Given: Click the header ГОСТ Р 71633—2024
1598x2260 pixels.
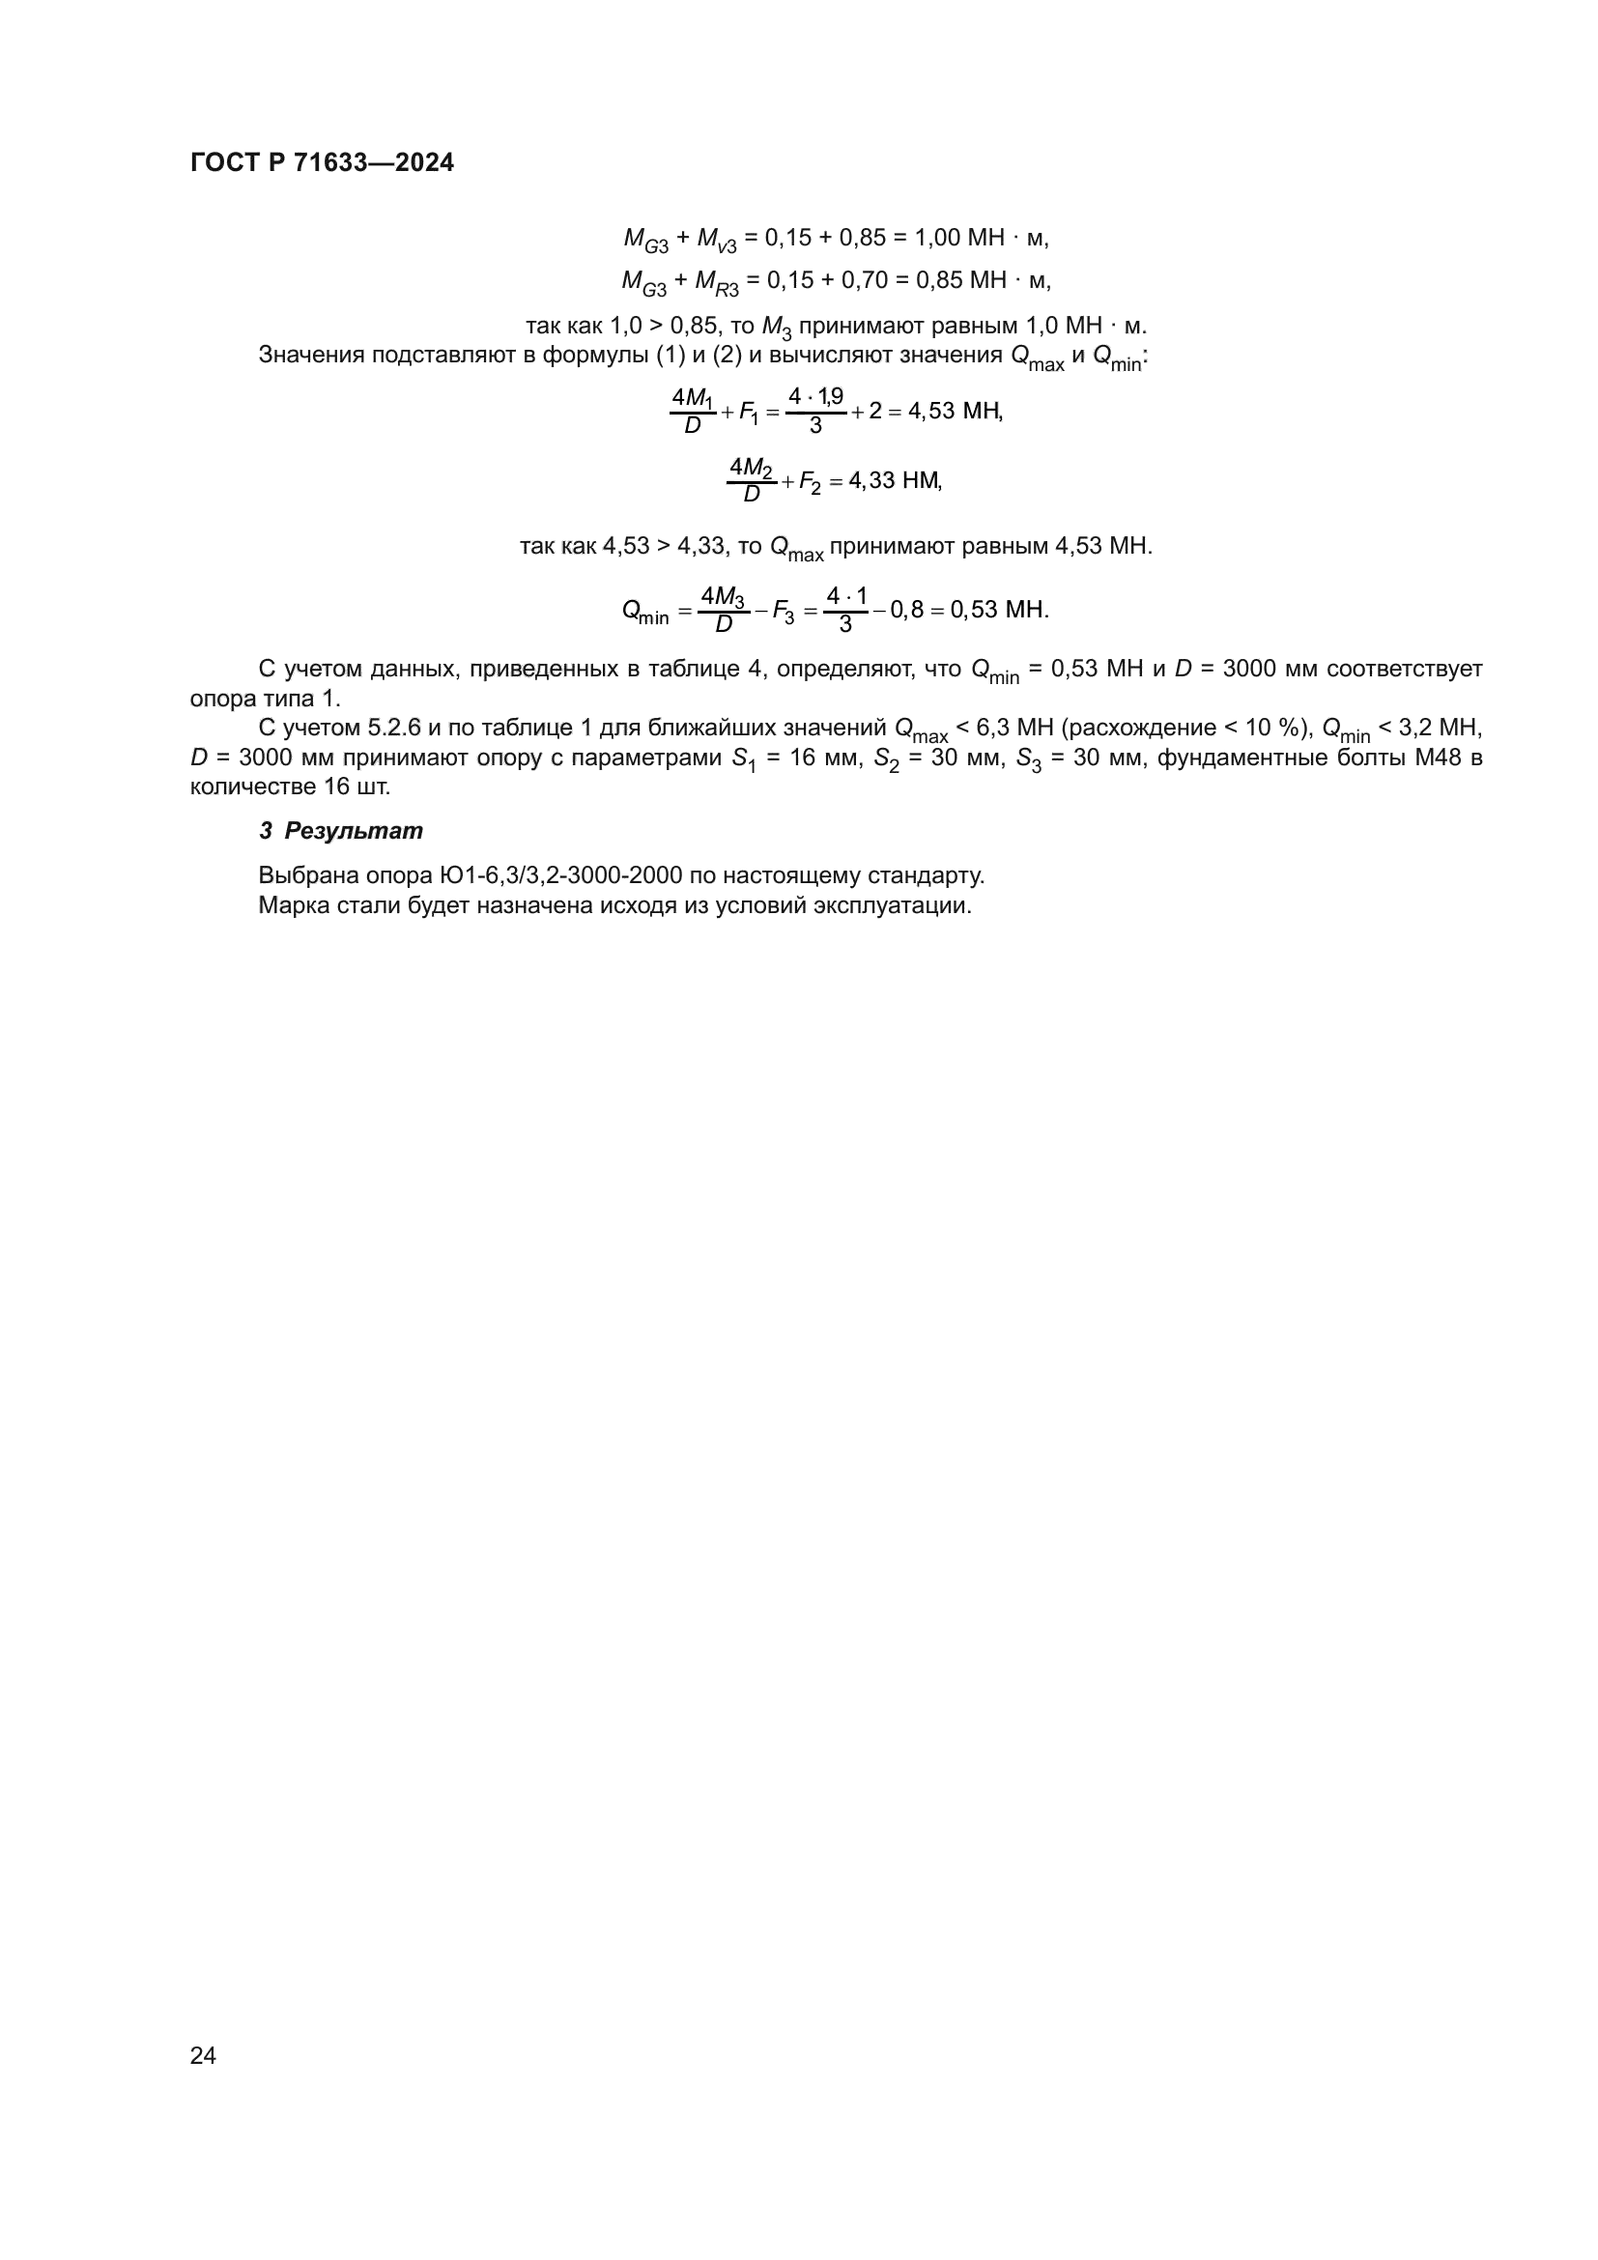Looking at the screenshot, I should pyautogui.click(x=322, y=163).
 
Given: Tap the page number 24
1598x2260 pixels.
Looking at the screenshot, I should pyautogui.click(x=203, y=2055).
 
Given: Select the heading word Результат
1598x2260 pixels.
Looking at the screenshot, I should pyautogui.click(x=354, y=831).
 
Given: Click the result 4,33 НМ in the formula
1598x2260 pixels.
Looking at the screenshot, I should pyautogui.click(x=895, y=481).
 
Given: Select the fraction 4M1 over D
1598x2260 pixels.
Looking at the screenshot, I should pyautogui.click(x=693, y=411).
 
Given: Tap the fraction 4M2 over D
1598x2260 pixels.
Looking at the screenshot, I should pyautogui.click(x=752, y=480).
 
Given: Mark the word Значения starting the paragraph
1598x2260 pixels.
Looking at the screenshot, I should pyautogui.click(x=311, y=356).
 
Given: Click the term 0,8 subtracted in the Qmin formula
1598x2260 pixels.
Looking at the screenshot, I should pyautogui.click(x=906, y=610).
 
